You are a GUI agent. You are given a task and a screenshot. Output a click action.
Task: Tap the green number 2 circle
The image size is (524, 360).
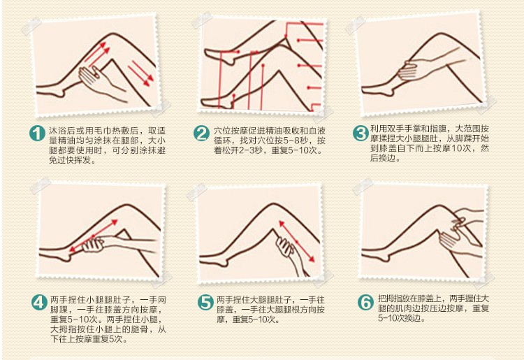202,134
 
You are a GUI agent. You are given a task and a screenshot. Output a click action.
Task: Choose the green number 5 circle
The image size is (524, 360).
204,303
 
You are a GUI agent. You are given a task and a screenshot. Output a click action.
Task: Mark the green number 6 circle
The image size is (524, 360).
365,303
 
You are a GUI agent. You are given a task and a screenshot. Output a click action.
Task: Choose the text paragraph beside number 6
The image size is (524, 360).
430,307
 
